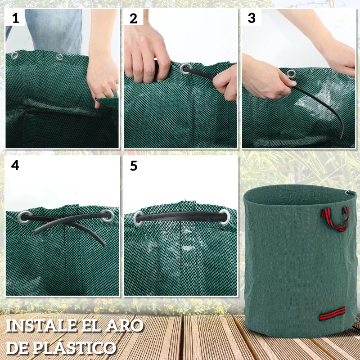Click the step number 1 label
[16, 18]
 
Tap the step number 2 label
[133, 18]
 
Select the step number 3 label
[252, 18]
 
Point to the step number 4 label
[15, 165]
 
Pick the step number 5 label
[133, 166]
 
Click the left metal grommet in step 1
[15, 55]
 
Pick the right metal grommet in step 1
[59, 57]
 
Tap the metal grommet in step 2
[185, 69]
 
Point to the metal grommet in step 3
[291, 73]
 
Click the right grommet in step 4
[108, 217]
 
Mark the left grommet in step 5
[139, 218]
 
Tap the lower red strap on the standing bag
[332, 313]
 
